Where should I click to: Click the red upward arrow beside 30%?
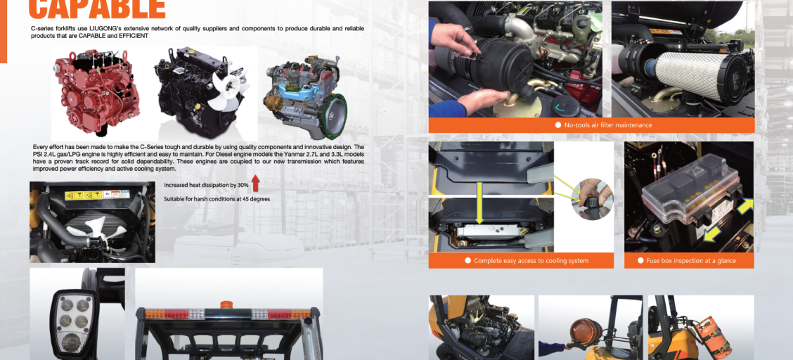[x=255, y=183]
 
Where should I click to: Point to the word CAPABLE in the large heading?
[x=96, y=8]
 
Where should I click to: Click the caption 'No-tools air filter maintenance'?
[x=608, y=125]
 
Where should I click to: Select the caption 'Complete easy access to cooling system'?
[x=531, y=261]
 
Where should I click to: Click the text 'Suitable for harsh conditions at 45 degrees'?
[x=217, y=199]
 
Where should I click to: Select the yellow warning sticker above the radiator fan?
[x=96, y=195]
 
